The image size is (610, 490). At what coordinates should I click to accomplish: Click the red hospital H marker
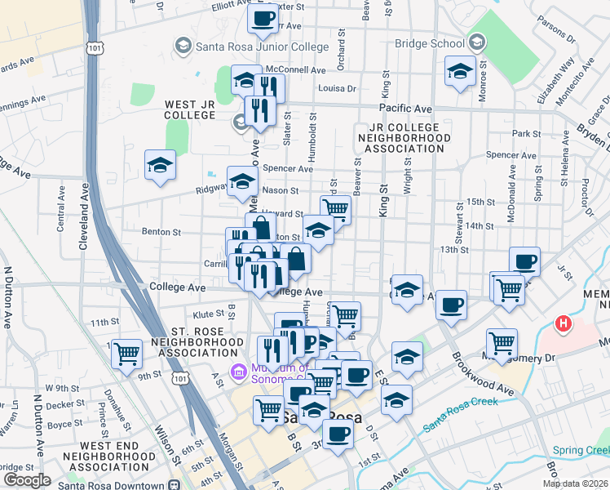click(x=562, y=324)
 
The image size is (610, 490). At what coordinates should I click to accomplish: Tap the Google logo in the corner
click(x=26, y=480)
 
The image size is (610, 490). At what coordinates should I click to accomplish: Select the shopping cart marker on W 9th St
click(x=126, y=354)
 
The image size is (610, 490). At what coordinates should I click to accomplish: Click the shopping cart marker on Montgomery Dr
click(x=501, y=343)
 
